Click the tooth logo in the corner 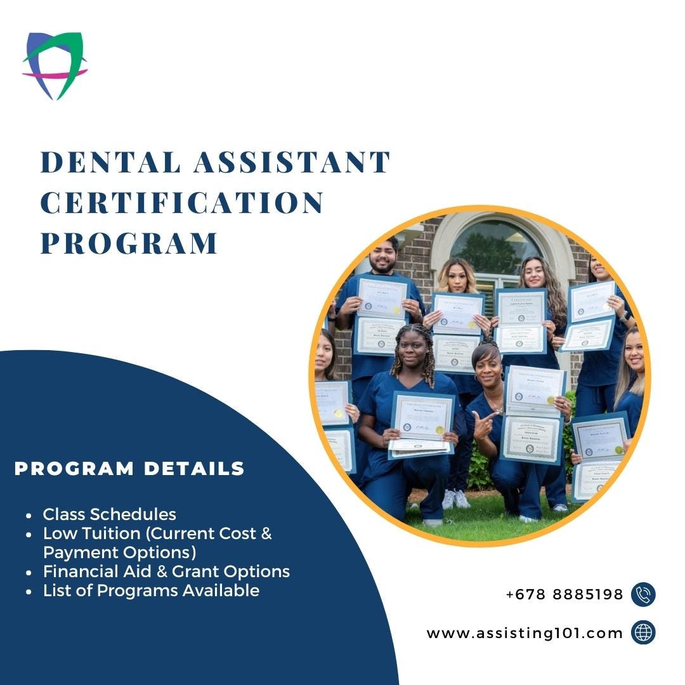55,65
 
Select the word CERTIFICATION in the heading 182,203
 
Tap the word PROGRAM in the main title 129,244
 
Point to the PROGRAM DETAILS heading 129,469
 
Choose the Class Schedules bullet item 109,514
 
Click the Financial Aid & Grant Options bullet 166,571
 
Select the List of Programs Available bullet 151,590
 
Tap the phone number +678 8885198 564,595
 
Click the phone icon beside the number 643,595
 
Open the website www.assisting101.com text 525,633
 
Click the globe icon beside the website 643,633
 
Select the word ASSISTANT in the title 292,162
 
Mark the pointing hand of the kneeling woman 482,423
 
